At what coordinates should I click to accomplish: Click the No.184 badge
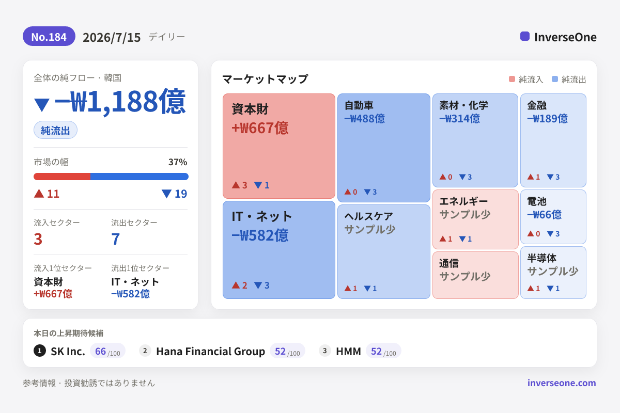click(49, 36)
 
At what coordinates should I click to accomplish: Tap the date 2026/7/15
click(112, 37)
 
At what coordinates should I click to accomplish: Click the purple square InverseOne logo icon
click(525, 36)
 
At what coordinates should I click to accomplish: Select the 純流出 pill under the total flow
click(55, 130)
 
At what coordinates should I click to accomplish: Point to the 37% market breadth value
click(178, 162)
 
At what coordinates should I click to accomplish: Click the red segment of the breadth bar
click(62, 177)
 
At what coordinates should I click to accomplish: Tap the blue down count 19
click(181, 194)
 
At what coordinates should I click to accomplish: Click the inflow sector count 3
click(38, 239)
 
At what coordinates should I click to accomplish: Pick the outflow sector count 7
click(115, 239)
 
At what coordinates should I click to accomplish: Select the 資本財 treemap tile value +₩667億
click(260, 128)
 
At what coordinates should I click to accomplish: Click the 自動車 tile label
click(359, 105)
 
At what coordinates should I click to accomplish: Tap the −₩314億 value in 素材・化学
click(459, 119)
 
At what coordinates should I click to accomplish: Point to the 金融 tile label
click(537, 105)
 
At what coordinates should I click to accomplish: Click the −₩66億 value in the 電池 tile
click(544, 215)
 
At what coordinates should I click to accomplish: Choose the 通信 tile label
click(449, 263)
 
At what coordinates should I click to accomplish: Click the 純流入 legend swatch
click(512, 79)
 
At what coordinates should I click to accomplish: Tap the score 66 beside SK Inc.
click(100, 352)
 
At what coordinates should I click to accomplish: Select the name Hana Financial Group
click(211, 352)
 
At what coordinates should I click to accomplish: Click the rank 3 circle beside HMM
click(325, 351)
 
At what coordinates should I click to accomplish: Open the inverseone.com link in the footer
click(562, 383)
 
